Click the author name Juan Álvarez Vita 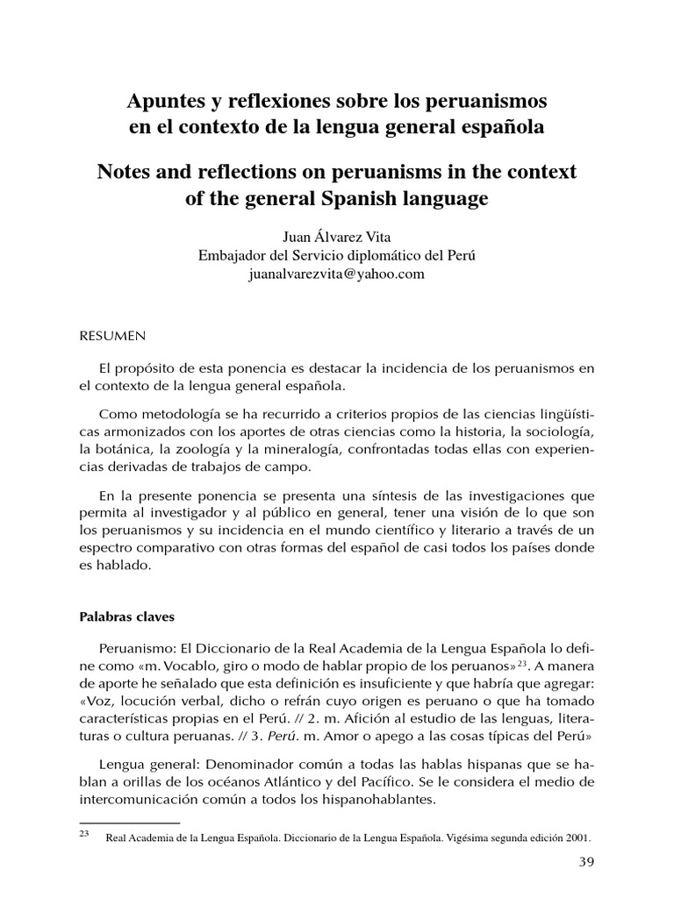(x=337, y=237)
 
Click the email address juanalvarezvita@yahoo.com (x=337, y=274)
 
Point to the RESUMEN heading (x=112, y=335)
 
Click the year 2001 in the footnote (x=577, y=837)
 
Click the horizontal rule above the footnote (x=129, y=823)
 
